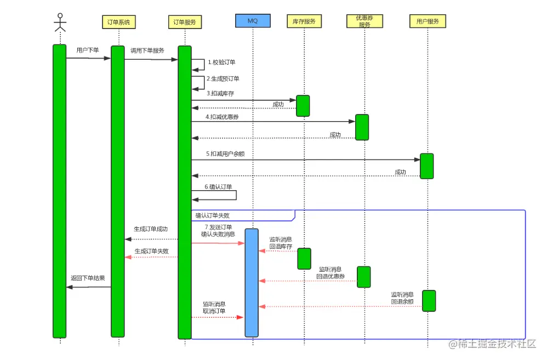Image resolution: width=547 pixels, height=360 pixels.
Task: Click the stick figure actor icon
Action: (x=59, y=22)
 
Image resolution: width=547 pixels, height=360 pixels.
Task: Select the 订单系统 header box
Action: (x=118, y=22)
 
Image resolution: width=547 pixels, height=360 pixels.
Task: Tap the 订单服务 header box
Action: (x=184, y=22)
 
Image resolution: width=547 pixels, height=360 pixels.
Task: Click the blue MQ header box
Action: (x=253, y=21)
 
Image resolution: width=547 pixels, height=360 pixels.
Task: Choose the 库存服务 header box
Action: (x=304, y=21)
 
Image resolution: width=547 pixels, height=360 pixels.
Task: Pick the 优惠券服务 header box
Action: (x=364, y=21)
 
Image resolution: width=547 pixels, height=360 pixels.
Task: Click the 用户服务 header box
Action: (x=428, y=21)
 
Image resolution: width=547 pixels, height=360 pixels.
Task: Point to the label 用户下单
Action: (x=88, y=50)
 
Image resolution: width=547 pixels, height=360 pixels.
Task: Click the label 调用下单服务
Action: (x=147, y=50)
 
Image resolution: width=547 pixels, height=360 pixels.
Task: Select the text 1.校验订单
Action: (x=221, y=62)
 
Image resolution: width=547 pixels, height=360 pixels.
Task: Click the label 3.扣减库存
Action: (x=220, y=94)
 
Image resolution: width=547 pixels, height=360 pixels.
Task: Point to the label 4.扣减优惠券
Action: (x=222, y=117)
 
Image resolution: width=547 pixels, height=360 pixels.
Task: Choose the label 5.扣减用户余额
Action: (x=225, y=154)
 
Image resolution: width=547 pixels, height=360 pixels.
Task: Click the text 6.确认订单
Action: (x=218, y=187)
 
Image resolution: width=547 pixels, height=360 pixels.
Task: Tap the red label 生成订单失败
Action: (x=151, y=252)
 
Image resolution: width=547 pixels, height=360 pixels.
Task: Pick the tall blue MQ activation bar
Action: (x=252, y=282)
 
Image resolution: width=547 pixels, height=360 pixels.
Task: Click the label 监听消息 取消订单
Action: (x=214, y=307)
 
